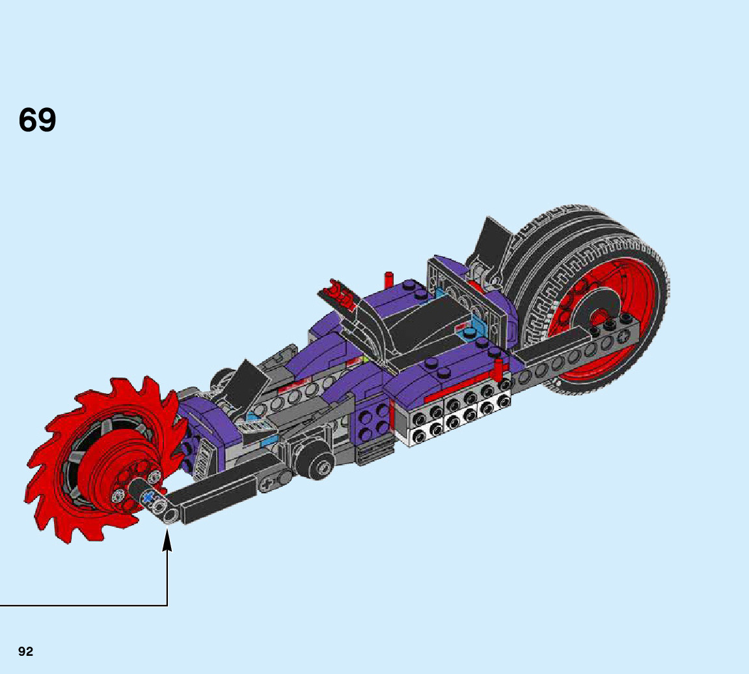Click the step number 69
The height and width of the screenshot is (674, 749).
[x=37, y=120]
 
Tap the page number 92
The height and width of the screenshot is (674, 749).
[x=26, y=652]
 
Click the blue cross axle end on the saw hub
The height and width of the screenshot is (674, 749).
[x=149, y=497]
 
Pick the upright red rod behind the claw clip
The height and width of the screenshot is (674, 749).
[x=389, y=281]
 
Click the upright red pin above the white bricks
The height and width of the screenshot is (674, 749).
[x=499, y=370]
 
